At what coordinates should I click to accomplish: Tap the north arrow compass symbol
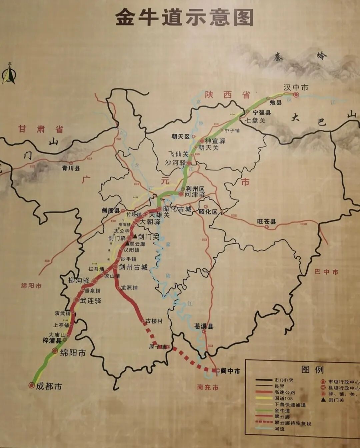[x=9, y=74]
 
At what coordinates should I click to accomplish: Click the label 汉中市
[x=296, y=87]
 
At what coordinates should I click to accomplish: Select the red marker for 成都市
[x=32, y=385]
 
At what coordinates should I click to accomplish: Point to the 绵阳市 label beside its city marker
[x=73, y=353]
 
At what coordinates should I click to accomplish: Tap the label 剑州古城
[x=133, y=267]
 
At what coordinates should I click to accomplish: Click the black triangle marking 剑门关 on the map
[x=135, y=236]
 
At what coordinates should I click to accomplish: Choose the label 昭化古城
[x=177, y=209]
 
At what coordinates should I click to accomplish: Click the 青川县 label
[x=71, y=168]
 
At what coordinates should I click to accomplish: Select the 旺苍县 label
[x=267, y=221]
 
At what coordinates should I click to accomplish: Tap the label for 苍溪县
[x=204, y=326]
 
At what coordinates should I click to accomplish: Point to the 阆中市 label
[x=230, y=371]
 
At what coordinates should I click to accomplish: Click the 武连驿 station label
[x=90, y=300]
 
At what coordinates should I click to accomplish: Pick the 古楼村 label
[x=154, y=321]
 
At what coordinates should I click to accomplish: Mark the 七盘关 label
[x=255, y=120]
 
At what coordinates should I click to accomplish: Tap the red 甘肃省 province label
[x=41, y=129]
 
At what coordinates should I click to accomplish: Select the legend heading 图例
[x=312, y=369]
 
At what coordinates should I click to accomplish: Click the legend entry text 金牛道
[x=282, y=411]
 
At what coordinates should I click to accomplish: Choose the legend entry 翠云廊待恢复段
[x=293, y=423]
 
